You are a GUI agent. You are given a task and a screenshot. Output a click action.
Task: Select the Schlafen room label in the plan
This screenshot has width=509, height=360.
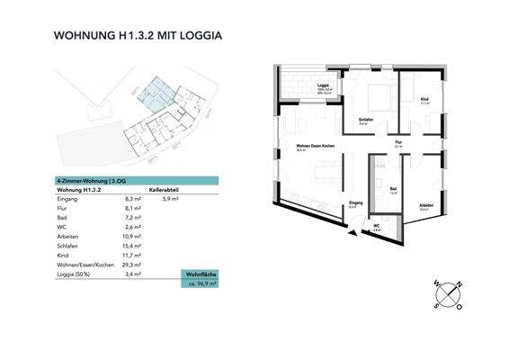[365, 120]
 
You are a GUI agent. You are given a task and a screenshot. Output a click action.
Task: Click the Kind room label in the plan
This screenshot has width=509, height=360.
[424, 99]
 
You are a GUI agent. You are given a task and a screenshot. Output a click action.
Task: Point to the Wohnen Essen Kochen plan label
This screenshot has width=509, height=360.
[303, 147]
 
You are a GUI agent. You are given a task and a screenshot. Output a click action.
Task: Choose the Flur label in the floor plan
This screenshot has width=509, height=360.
[397, 142]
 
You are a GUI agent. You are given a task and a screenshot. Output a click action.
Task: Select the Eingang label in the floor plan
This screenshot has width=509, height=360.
[356, 203]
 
